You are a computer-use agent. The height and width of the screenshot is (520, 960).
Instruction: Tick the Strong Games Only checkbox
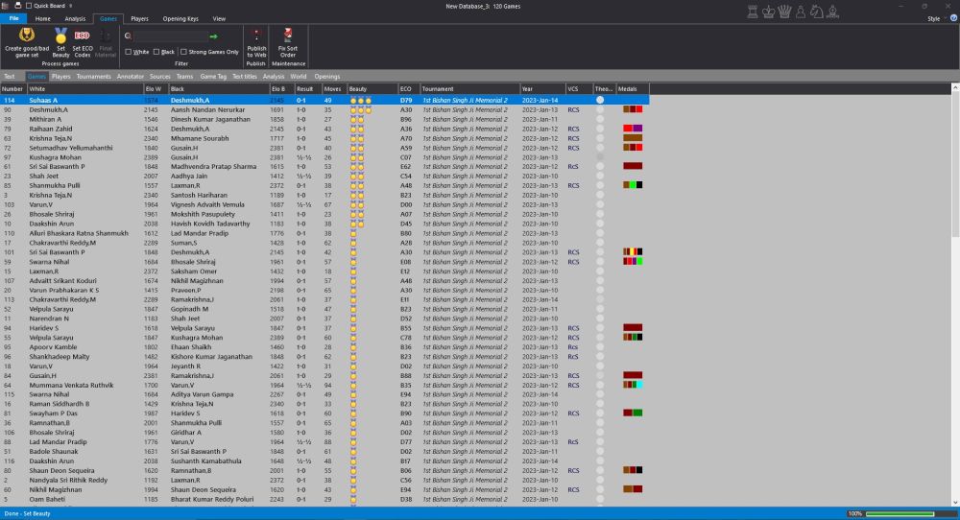point(184,52)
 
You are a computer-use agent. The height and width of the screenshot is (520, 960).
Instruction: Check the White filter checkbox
point(129,52)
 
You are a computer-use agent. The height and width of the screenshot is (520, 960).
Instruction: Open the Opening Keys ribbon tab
point(180,18)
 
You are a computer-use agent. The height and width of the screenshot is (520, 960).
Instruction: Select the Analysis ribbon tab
point(75,18)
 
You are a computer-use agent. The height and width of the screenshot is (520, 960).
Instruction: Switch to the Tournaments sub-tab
point(94,76)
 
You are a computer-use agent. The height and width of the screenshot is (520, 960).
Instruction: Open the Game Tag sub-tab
point(214,76)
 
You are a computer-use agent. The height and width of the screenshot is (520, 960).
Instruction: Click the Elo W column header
point(153,88)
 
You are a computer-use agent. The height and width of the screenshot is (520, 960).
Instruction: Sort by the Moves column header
point(332,88)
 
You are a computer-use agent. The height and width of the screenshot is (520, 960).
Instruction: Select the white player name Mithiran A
point(47,119)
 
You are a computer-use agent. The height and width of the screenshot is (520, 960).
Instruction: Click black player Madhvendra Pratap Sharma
point(213,166)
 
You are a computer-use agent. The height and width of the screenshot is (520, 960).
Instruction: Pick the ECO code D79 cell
point(406,100)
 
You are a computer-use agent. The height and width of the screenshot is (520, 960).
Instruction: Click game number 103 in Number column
point(10,204)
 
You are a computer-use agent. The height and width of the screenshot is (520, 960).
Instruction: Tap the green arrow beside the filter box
point(213,35)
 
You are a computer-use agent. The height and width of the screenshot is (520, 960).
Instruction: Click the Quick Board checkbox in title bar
point(32,5)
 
